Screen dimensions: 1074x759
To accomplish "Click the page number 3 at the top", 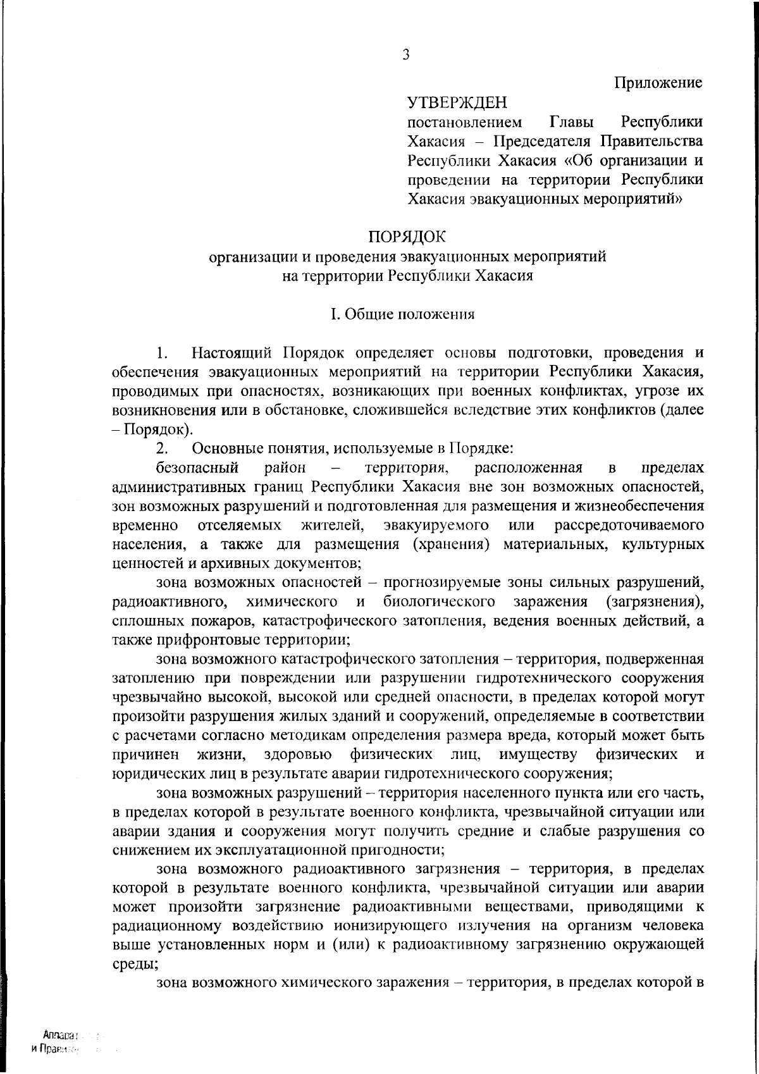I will click(406, 55).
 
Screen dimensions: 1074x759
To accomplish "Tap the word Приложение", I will click(658, 83).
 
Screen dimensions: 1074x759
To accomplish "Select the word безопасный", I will click(197, 468).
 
